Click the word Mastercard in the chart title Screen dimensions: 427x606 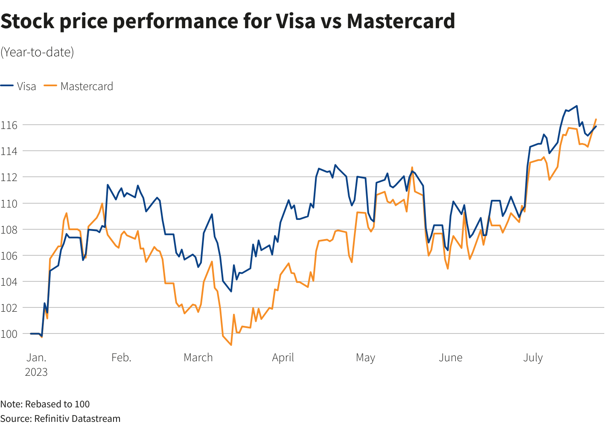click(x=401, y=21)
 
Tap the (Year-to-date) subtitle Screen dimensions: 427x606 click(x=37, y=52)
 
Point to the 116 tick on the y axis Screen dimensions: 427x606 click(x=9, y=125)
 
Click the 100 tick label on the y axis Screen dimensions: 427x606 click(x=9, y=334)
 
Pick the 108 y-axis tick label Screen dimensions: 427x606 click(x=9, y=230)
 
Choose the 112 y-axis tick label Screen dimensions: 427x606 click(x=9, y=177)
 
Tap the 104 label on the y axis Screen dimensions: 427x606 click(x=9, y=282)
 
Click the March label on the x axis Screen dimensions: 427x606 click(x=198, y=357)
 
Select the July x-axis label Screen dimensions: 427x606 click(x=533, y=357)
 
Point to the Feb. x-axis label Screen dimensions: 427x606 click(x=121, y=357)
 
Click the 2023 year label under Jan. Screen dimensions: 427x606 click(x=36, y=372)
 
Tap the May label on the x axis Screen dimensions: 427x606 click(x=365, y=357)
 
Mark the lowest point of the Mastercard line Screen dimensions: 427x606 click(x=231, y=345)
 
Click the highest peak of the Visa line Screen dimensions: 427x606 click(x=577, y=106)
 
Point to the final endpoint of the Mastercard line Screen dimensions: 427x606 click(x=596, y=120)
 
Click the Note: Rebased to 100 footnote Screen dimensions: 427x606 click(x=45, y=404)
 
